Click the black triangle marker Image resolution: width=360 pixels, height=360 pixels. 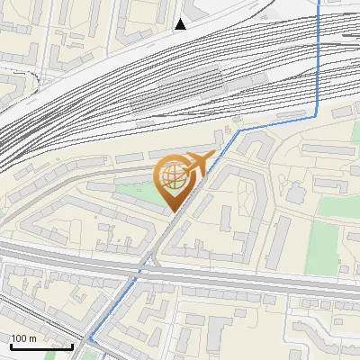(x=181, y=24)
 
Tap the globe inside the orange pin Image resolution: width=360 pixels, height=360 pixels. (x=173, y=177)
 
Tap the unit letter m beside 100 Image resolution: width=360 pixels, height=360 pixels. (x=34, y=338)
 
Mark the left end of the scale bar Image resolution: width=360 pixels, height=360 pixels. (x=11, y=346)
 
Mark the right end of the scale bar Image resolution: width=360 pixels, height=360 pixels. (x=73, y=346)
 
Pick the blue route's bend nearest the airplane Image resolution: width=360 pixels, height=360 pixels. (x=240, y=130)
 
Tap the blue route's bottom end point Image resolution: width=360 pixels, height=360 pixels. (x=89, y=339)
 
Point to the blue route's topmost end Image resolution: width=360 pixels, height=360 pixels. (x=320, y=2)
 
